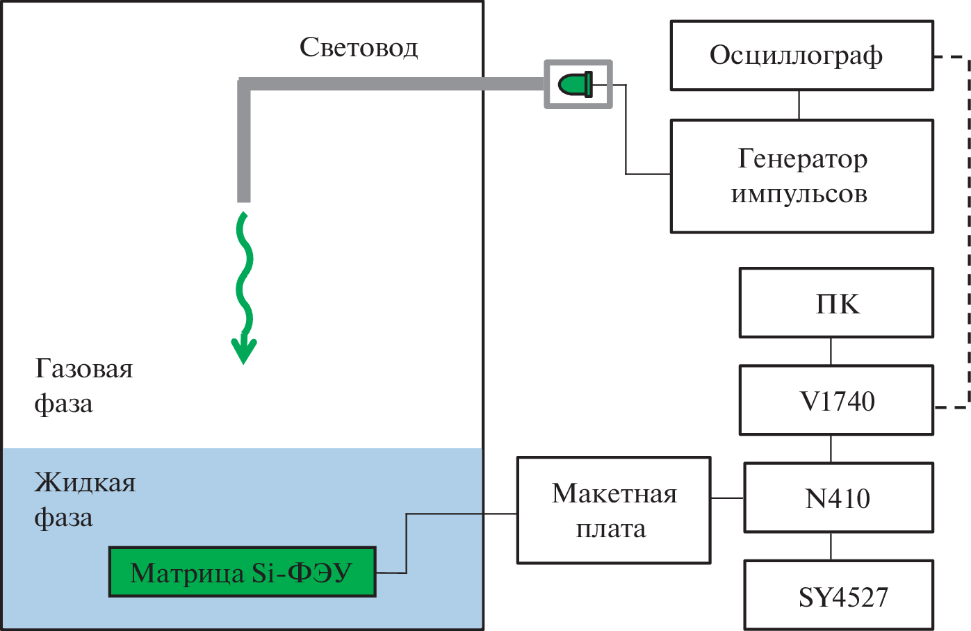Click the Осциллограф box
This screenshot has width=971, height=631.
point(801,56)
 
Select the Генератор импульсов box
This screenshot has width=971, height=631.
point(801,176)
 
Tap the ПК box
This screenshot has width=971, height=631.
point(836,303)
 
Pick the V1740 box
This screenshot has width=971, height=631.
point(836,401)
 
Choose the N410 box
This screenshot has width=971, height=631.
point(838,498)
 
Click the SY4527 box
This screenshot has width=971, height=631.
point(838,596)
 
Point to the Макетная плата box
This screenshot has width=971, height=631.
point(614,510)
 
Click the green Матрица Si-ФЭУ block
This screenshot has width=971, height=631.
point(242,572)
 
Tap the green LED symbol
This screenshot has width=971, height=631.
point(576,85)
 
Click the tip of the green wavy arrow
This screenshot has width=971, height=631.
point(244,360)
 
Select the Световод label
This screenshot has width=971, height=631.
point(359,47)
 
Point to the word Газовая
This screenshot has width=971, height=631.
point(84,368)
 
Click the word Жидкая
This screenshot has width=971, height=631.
point(85,482)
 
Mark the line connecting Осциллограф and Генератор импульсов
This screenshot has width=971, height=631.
point(799,105)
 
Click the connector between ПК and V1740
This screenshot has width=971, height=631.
point(831,352)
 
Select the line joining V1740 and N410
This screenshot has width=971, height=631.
point(831,449)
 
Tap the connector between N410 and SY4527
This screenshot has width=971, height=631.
point(831,546)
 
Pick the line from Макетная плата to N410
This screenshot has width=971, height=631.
point(727,498)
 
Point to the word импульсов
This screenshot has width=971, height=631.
point(799,194)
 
